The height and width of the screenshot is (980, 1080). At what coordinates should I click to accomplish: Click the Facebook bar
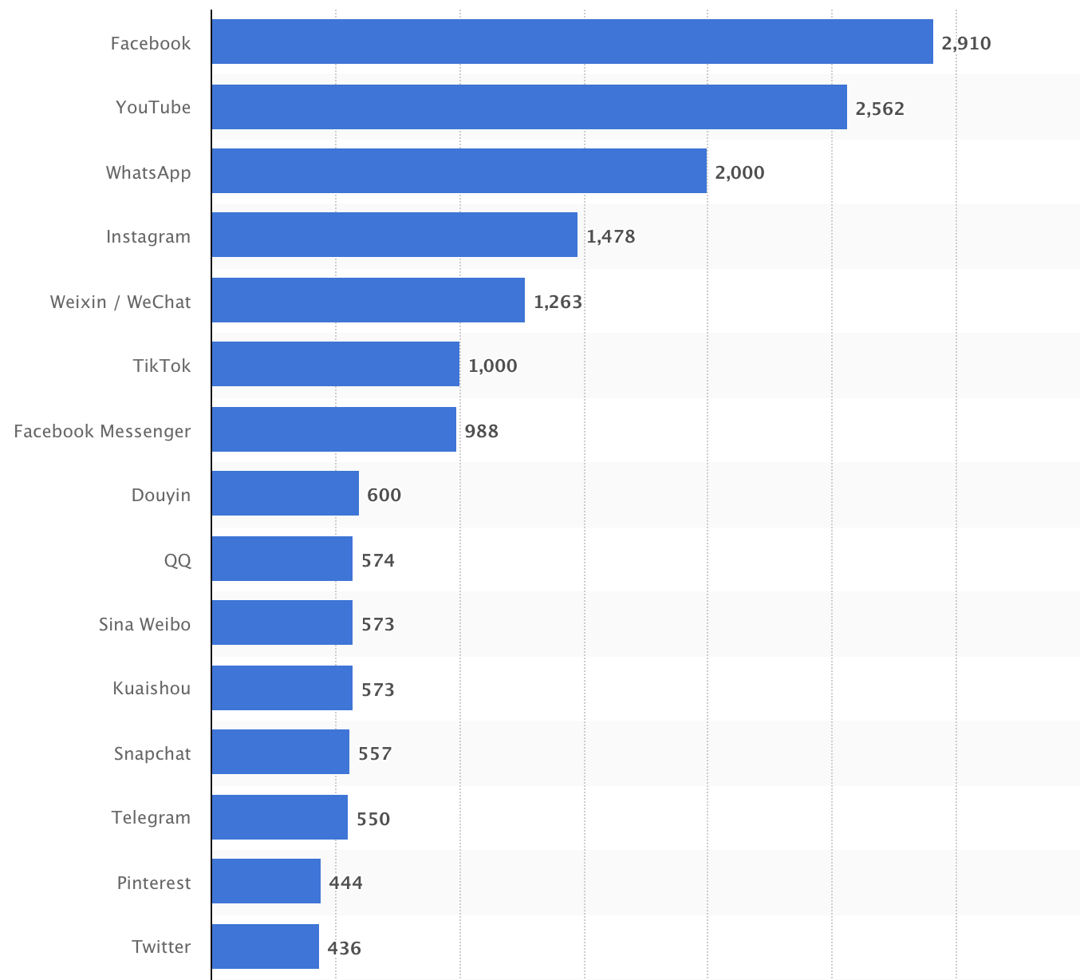click(x=572, y=41)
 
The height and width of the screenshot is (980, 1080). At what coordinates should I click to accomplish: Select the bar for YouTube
click(x=529, y=107)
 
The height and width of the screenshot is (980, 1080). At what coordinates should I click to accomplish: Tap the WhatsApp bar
click(x=459, y=171)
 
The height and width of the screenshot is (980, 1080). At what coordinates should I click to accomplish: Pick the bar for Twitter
click(x=265, y=946)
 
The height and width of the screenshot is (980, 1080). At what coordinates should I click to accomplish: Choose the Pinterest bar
click(x=266, y=881)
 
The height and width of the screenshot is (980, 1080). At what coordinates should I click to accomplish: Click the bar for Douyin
click(x=285, y=493)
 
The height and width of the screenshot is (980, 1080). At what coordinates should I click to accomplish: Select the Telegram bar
click(x=279, y=817)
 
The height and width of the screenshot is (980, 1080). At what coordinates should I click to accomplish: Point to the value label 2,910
click(x=966, y=43)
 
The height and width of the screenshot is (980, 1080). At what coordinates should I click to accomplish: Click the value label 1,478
click(x=611, y=236)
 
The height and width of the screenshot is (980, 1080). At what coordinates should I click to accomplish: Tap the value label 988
click(x=482, y=431)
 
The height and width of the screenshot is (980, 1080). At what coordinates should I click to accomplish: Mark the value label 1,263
click(x=558, y=302)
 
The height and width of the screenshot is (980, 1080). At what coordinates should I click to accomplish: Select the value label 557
click(x=375, y=753)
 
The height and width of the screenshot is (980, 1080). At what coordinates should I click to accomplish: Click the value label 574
click(x=378, y=560)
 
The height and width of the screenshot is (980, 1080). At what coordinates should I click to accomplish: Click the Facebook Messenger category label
click(x=102, y=431)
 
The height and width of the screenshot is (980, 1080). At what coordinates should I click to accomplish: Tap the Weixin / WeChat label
click(x=120, y=302)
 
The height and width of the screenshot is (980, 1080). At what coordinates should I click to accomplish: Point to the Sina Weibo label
click(x=144, y=624)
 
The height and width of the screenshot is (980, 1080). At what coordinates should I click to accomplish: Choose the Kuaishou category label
click(x=152, y=688)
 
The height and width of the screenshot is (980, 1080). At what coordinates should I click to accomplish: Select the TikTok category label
click(x=162, y=366)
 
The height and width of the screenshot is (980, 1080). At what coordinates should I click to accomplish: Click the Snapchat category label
click(x=152, y=753)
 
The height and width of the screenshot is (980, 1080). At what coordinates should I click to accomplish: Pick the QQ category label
click(x=177, y=560)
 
